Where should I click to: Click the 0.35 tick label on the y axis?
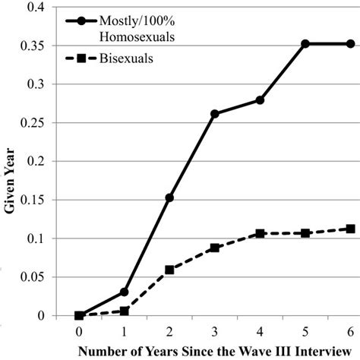coord(36,46)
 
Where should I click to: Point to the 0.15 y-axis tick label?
coord(36,200)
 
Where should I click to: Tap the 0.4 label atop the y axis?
coord(39,7)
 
